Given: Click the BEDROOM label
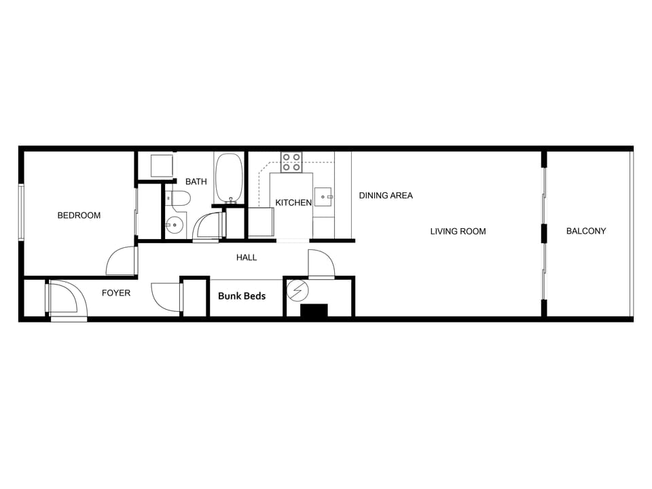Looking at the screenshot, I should pos(79,215).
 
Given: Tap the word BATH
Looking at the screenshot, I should pos(196,181).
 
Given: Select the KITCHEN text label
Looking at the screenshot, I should pos(293,202).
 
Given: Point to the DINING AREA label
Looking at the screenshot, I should pos(386,196).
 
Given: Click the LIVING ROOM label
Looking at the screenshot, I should pos(458,232).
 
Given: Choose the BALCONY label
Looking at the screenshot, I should pos(586,231).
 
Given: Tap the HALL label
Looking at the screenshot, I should pos(247,257).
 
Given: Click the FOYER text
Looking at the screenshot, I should pos(116,293).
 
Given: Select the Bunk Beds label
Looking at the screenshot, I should pos(242,296).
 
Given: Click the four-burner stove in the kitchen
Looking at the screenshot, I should pos(292,162).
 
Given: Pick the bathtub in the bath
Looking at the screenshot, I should pos(229,178).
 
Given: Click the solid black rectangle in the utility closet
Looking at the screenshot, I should pos(314,310).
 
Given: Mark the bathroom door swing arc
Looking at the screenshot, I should pos(208,226).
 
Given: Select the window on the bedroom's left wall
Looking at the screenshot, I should pos(21,212).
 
